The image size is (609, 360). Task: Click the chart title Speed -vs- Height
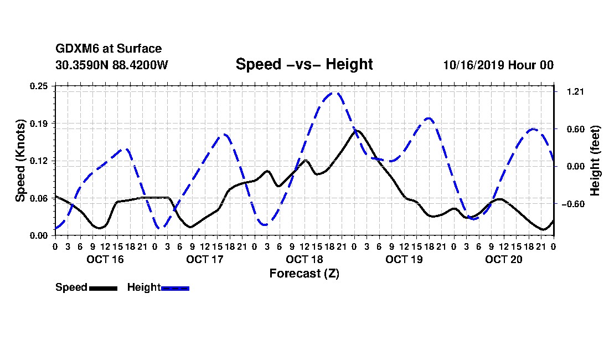304,64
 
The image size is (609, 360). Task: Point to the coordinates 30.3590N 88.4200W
112,65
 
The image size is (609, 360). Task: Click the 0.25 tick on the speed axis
39,86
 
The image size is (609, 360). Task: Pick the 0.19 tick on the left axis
39,124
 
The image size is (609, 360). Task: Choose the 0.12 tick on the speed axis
39,161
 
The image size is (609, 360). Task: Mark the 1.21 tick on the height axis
576,91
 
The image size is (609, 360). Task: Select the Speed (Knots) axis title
20,161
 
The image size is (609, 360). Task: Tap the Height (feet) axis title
595,161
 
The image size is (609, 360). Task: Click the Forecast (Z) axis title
304,274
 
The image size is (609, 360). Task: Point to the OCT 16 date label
105,259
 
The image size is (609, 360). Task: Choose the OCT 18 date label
304,259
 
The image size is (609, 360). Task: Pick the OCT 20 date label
504,259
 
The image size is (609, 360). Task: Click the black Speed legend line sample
103,288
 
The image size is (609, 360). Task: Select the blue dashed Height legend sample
175,288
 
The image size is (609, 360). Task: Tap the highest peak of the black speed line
357,131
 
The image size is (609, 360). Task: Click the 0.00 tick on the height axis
576,167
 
